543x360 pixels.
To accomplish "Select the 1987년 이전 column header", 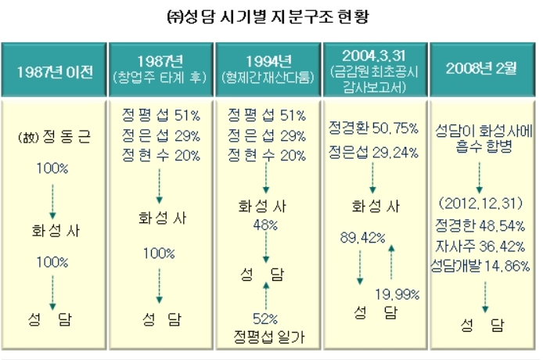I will coord(55,71).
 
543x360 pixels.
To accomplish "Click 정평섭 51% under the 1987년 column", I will coord(160,115).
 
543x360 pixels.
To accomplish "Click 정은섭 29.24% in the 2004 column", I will coord(372,148).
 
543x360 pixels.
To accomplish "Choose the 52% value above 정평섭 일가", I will coord(267,319).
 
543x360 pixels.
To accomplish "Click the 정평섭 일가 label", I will coord(267,337).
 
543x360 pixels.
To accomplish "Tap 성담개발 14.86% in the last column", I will coord(481,266).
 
